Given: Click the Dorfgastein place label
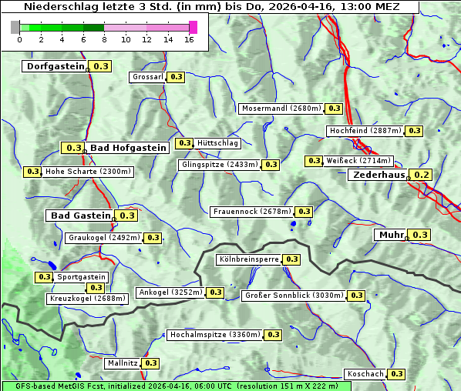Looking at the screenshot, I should point(55,66).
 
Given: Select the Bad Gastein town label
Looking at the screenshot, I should point(81,216).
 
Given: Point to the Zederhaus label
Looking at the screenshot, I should point(379,175).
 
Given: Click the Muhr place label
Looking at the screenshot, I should point(392,235).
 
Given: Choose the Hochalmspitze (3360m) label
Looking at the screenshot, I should point(215,335).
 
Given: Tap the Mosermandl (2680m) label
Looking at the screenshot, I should point(281,109).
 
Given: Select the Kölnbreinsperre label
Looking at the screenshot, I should point(248,259).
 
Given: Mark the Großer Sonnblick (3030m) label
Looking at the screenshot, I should point(294,296).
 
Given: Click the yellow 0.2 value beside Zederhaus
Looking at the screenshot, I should point(422,175).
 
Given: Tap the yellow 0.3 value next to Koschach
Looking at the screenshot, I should point(396,374).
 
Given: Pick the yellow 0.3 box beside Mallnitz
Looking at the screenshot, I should point(150,363).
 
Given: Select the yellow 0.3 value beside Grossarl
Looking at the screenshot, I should point(177,77).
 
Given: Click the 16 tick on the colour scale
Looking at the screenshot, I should point(189,39).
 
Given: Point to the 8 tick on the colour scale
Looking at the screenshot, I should point(104,39).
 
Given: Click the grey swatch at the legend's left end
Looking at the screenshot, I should point(15,27).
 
